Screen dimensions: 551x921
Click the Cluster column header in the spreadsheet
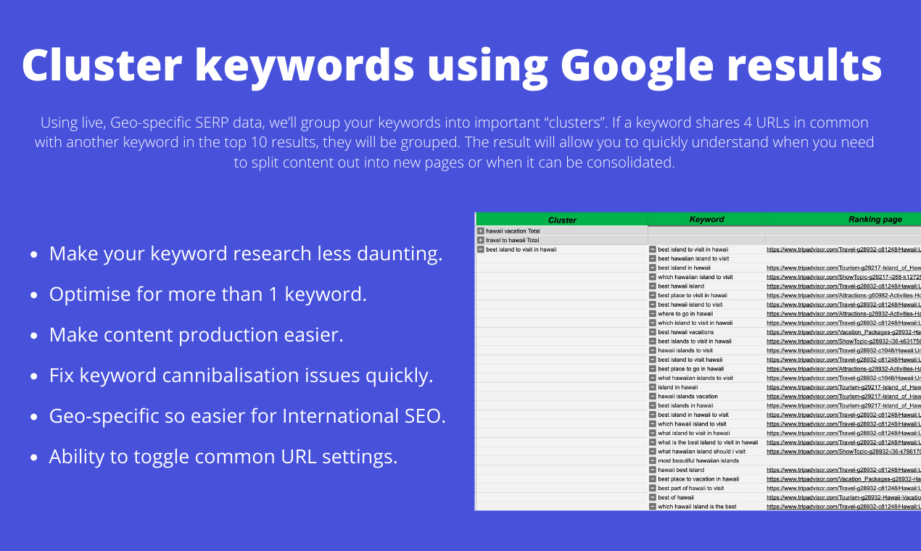(x=562, y=220)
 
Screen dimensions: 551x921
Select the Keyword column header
(x=706, y=219)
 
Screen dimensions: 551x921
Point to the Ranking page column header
(x=875, y=219)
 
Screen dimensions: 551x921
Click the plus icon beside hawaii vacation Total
(x=480, y=231)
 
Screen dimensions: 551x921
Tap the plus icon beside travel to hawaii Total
(x=480, y=240)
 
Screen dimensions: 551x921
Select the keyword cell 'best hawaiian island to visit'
(x=693, y=259)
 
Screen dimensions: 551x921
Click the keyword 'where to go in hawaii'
(x=685, y=314)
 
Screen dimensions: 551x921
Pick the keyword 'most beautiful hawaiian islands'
(x=698, y=460)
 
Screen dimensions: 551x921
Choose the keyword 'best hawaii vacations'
(x=685, y=332)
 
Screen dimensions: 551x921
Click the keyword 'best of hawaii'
(x=676, y=497)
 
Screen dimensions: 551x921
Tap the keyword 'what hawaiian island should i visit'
(x=701, y=452)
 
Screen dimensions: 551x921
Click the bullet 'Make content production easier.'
(x=196, y=335)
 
